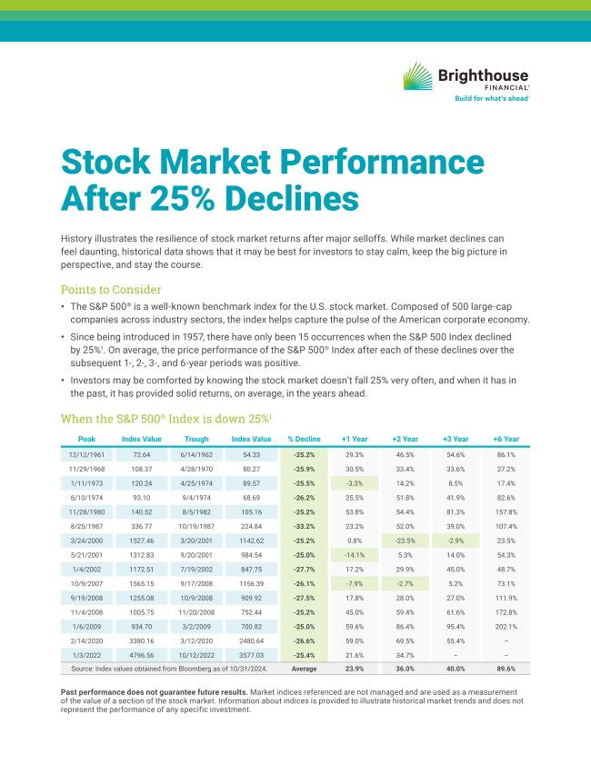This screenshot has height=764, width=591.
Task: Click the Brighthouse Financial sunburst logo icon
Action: tap(417, 75)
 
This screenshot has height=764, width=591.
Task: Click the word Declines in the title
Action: tap(291, 196)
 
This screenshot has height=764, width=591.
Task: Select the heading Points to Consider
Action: tap(111, 290)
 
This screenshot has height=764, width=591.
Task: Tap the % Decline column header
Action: tap(304, 439)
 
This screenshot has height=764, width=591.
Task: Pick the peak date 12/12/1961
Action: tap(87, 454)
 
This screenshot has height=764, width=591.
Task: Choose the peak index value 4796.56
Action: tap(141, 655)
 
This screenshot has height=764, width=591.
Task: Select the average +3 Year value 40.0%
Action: tap(456, 669)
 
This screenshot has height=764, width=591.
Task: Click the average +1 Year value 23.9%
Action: tap(355, 669)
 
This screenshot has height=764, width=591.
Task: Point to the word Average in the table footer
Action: tap(304, 669)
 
